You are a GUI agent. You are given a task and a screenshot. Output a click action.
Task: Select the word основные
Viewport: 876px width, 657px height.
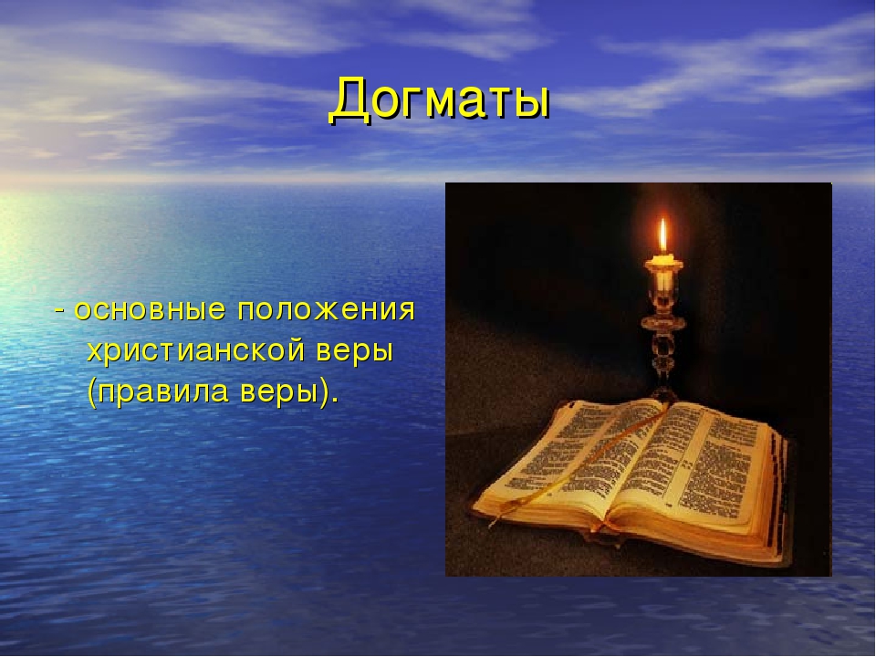(x=151, y=309)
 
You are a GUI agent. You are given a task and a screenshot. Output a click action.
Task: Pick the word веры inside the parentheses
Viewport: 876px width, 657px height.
(x=277, y=391)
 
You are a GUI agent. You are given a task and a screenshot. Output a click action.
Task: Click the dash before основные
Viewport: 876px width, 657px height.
(x=60, y=310)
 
